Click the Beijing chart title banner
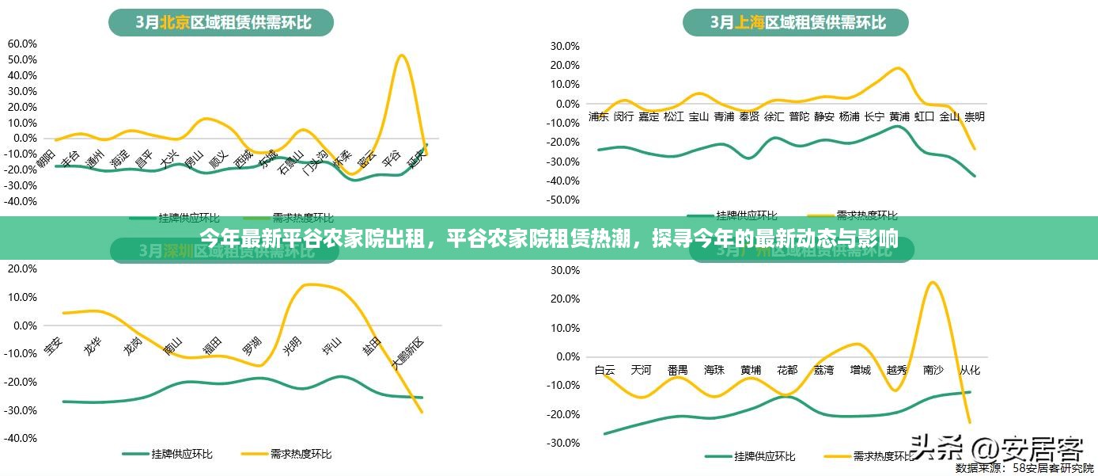(x=222, y=22)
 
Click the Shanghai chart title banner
(x=796, y=22)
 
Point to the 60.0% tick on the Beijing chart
(x=22, y=44)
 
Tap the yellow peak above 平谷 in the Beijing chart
(x=402, y=55)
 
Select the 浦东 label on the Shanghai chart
(x=599, y=116)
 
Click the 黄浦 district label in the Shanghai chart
(x=899, y=116)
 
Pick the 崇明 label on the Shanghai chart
(x=975, y=116)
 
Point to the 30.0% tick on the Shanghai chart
(x=564, y=45)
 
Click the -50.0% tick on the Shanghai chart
(x=562, y=200)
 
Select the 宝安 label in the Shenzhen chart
(x=52, y=346)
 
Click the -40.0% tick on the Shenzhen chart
(x=21, y=438)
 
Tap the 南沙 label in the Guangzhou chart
(x=933, y=370)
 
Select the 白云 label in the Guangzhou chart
(x=605, y=370)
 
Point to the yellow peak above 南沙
(x=933, y=283)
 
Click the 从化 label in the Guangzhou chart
(x=970, y=370)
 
